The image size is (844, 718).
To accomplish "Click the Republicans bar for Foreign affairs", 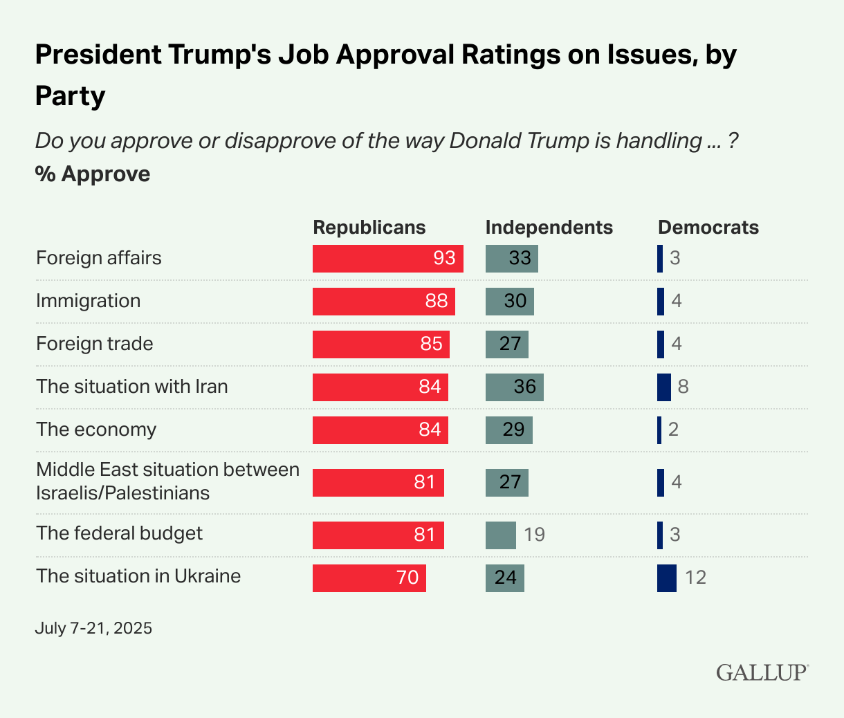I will click(x=387, y=258).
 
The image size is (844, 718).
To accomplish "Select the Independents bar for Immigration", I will click(x=509, y=301).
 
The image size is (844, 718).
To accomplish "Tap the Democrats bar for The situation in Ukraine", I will click(x=666, y=578).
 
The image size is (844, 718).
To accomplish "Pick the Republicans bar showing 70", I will click(x=369, y=578).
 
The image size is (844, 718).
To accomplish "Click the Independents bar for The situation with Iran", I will click(x=514, y=387).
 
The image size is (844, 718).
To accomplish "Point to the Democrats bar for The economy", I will click(x=659, y=430).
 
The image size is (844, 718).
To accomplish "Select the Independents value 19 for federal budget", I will click(x=535, y=535).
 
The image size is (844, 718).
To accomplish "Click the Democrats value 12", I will click(x=695, y=578).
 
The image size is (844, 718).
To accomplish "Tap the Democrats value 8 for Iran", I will click(x=683, y=387).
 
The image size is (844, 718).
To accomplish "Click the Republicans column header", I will click(x=369, y=228).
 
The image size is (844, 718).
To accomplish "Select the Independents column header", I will click(x=549, y=228).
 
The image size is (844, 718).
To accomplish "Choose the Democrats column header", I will click(x=708, y=228).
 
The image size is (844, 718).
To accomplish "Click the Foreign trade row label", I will click(x=95, y=344).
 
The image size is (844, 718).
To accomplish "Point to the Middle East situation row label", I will click(x=167, y=481).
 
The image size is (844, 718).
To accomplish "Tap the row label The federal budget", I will click(x=119, y=533).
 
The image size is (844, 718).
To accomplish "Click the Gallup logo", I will click(x=762, y=672).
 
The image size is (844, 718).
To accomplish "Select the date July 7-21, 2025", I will click(x=93, y=628).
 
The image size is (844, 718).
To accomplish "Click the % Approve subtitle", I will click(x=93, y=174).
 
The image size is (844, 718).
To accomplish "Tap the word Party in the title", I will click(x=70, y=95).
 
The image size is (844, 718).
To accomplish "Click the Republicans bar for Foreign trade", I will click(x=380, y=344).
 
